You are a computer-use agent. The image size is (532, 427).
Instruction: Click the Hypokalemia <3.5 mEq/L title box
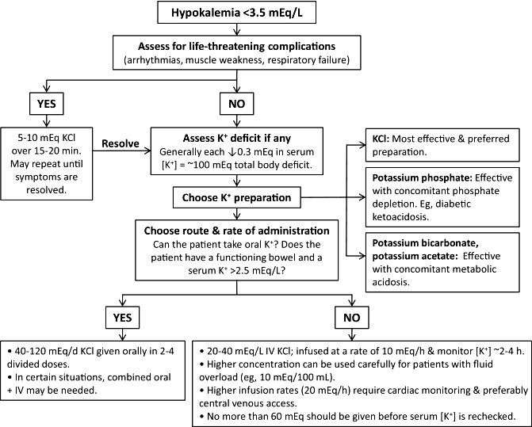click(x=237, y=13)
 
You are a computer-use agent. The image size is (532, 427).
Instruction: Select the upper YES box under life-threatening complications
click(x=47, y=103)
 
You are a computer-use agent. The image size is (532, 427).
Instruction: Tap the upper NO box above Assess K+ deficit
click(x=237, y=103)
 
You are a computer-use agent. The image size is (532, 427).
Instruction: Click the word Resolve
click(x=121, y=143)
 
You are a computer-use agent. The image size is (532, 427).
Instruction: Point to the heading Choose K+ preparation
click(x=236, y=197)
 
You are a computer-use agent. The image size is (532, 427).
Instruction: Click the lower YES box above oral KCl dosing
click(x=122, y=318)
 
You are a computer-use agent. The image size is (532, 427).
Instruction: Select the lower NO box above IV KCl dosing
click(x=352, y=318)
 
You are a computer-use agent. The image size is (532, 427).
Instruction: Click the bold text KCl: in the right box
click(x=381, y=139)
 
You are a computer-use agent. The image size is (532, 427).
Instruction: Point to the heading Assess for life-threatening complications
click(x=237, y=46)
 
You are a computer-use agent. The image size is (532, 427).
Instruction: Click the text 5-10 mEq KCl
click(x=47, y=138)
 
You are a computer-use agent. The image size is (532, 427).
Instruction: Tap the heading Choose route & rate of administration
click(x=237, y=231)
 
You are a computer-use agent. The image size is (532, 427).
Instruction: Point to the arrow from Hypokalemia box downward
click(x=237, y=29)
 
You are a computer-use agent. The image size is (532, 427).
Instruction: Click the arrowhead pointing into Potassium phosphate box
click(x=362, y=197)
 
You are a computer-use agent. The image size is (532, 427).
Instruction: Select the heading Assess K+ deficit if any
click(x=237, y=139)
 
